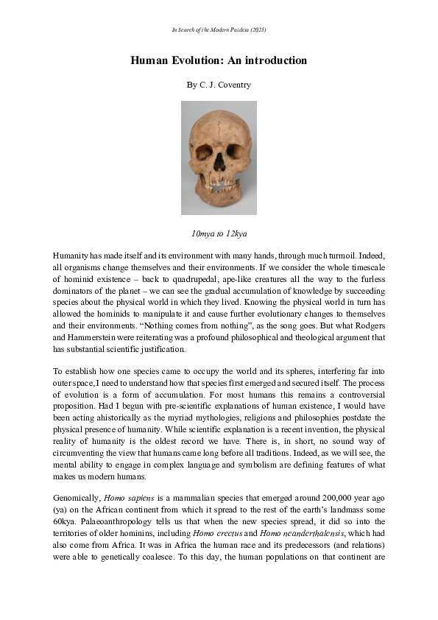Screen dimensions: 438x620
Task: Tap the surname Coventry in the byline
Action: tap(235, 85)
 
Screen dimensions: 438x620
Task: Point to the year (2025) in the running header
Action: tap(257, 29)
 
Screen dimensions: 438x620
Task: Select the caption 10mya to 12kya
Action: tap(219, 233)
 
